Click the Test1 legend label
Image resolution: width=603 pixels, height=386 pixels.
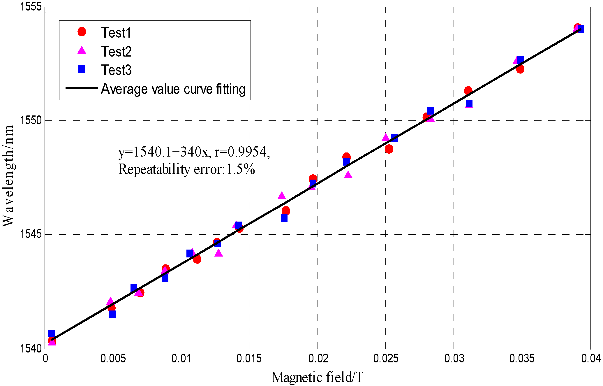coord(116,33)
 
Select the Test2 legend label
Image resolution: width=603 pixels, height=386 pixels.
coord(116,52)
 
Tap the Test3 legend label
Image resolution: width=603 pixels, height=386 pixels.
coord(116,70)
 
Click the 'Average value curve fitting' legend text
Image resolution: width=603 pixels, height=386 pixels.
coord(173,89)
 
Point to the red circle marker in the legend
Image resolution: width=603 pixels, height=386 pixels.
coord(82,32)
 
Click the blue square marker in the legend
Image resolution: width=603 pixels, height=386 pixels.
coord(82,69)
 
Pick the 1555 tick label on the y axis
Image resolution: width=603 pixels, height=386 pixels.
coord(30,6)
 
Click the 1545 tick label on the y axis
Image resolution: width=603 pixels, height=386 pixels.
coord(30,234)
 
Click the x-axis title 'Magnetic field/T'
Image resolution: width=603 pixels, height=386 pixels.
coord(317,377)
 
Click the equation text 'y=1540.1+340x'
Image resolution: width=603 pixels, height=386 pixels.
coord(163,152)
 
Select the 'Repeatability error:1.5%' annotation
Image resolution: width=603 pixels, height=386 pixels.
coord(186,169)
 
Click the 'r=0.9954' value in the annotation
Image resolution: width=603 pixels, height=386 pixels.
coord(241,152)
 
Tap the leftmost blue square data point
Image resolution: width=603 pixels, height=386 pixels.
coord(51,334)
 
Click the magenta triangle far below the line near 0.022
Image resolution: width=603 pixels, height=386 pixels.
coord(348,175)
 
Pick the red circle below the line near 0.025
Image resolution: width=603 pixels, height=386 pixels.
coord(389,149)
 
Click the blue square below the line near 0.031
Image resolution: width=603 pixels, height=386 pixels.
coord(469,103)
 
